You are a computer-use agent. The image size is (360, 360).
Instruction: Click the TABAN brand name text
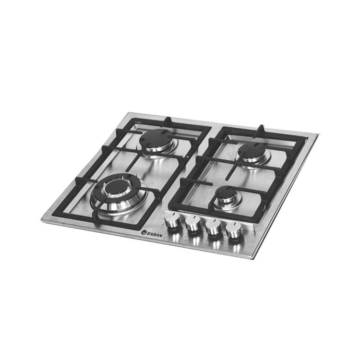point(155,235)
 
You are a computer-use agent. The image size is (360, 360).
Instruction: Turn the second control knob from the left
point(193,223)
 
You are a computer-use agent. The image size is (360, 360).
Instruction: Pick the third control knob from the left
point(213,226)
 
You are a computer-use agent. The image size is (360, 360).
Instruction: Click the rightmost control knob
point(233,229)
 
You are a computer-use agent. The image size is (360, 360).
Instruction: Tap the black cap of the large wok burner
point(116,185)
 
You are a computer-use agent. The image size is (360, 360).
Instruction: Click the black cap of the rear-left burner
point(155,138)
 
